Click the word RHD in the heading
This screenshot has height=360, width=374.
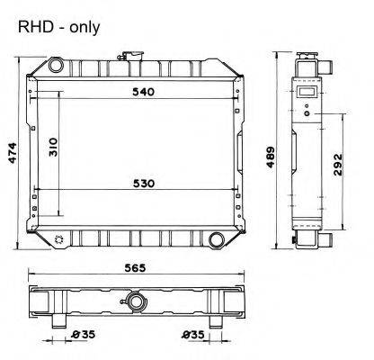[x=33, y=28]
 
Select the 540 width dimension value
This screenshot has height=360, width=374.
[x=144, y=91]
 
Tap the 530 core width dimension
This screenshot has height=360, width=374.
[x=144, y=184]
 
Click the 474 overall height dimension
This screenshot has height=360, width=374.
[x=12, y=154]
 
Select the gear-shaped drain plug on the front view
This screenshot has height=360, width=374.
[x=59, y=239]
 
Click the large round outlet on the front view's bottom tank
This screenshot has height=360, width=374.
[x=217, y=238]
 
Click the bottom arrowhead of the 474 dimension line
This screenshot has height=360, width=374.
[x=20, y=253]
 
